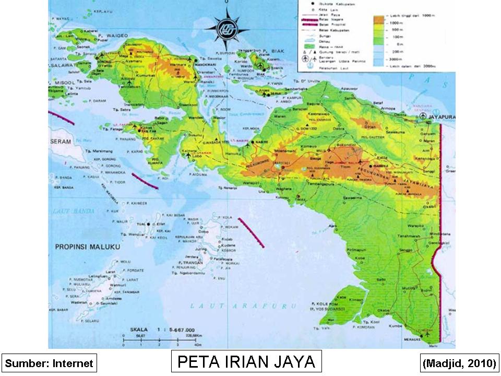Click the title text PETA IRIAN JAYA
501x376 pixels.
pos(246,361)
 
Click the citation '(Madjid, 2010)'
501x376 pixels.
pos(459,363)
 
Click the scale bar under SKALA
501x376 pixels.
pos(160,341)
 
